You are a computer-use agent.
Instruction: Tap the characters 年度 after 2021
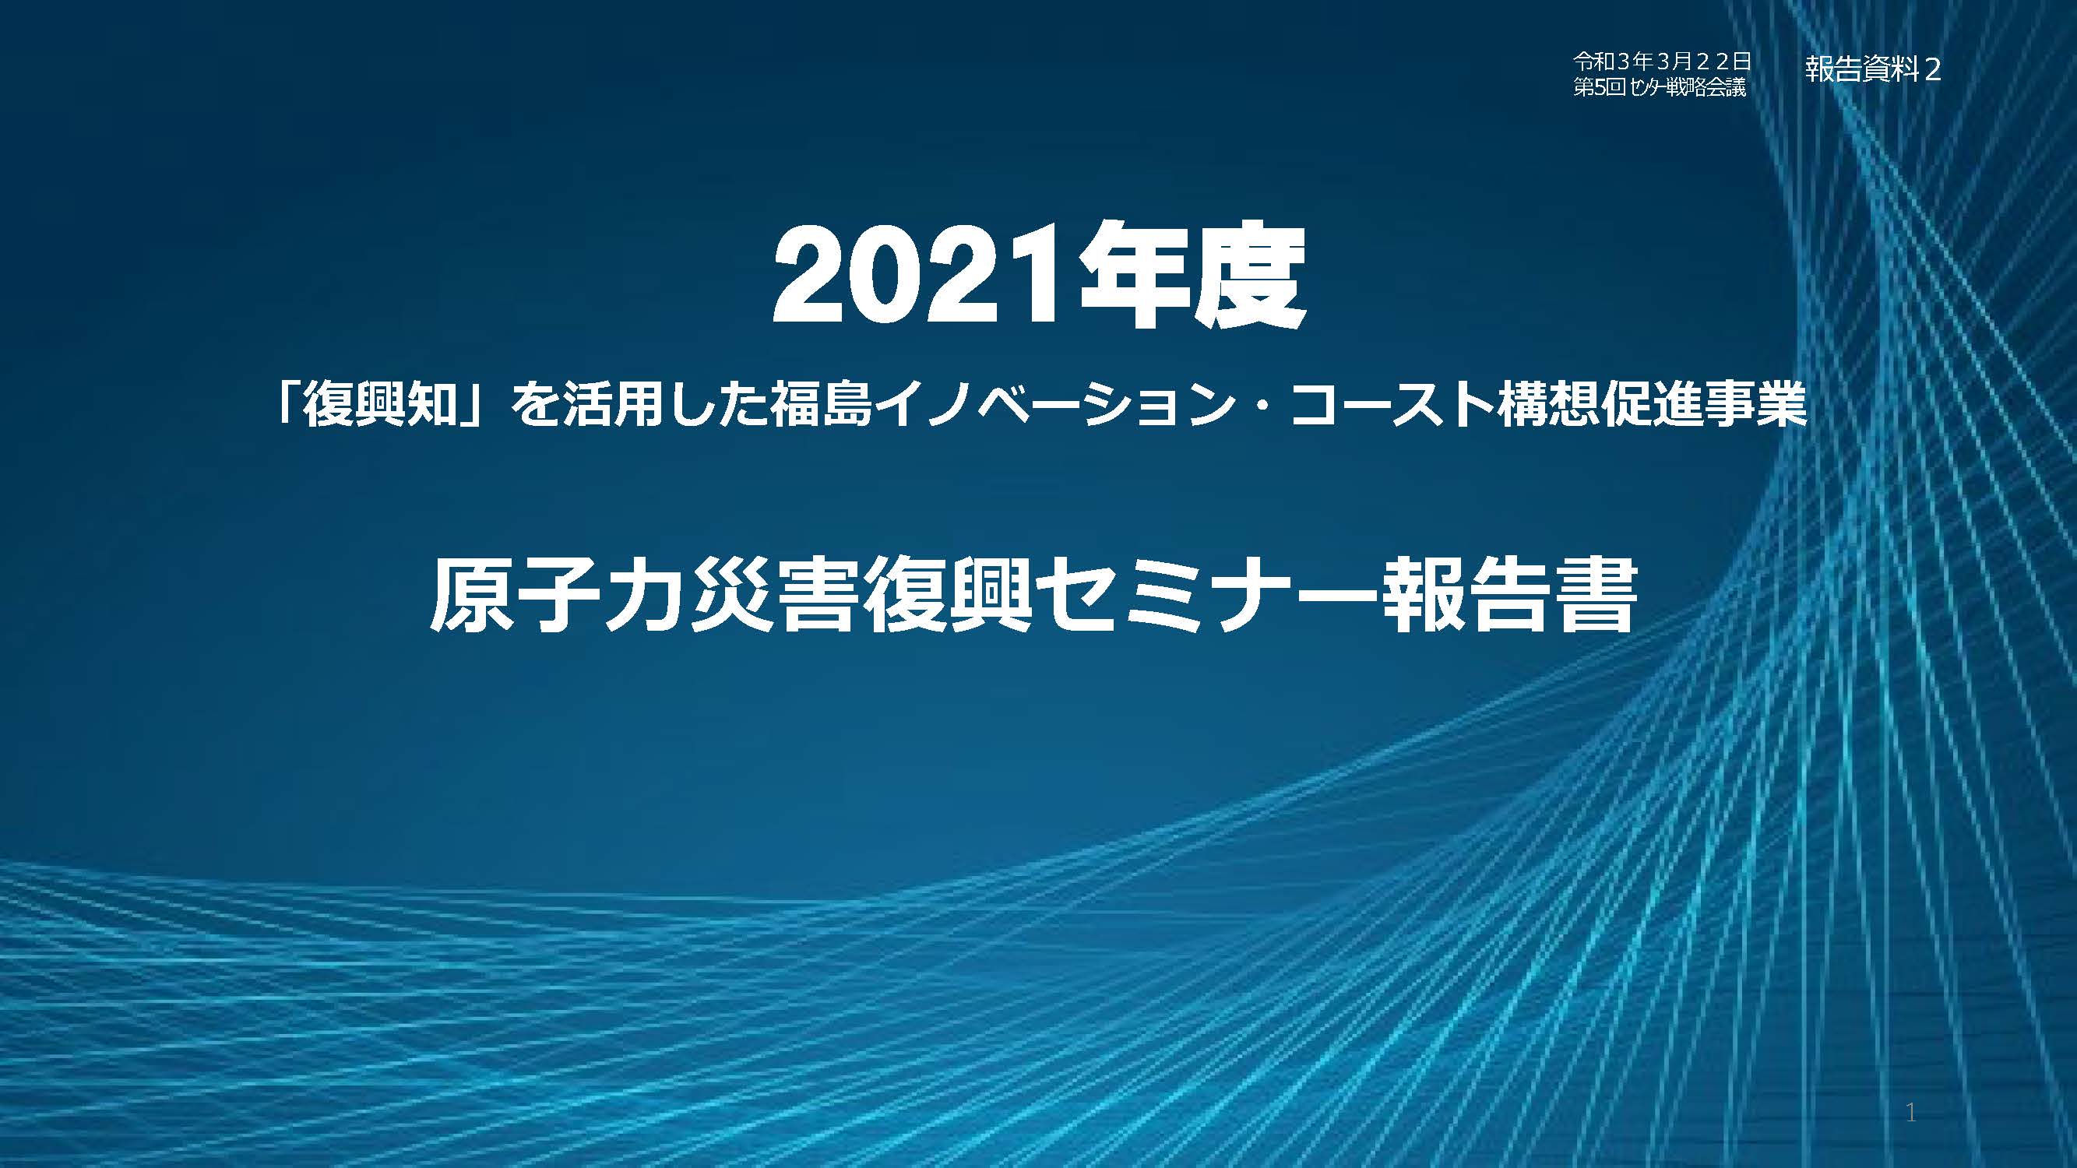click(1192, 276)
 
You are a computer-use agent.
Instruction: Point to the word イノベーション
click(1054, 404)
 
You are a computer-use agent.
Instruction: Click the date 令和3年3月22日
click(1660, 60)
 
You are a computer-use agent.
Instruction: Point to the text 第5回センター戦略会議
click(1660, 88)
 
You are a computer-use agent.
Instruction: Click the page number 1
click(1912, 1113)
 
